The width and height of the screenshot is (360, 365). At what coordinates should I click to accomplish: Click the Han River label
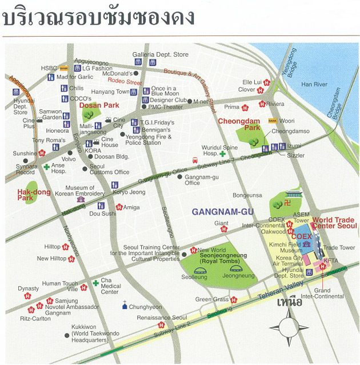314,84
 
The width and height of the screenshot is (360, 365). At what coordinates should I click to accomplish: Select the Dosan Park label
99,105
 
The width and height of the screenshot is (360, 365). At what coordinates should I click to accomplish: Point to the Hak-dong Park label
34,195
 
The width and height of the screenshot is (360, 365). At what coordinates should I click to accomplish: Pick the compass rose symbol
288,327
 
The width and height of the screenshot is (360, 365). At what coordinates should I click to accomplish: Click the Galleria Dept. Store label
160,54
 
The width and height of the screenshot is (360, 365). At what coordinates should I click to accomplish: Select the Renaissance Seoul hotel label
162,318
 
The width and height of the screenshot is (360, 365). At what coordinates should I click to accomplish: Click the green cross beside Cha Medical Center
95,283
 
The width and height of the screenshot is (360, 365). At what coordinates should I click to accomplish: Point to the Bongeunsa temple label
247,195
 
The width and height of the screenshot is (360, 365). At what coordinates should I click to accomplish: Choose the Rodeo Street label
125,82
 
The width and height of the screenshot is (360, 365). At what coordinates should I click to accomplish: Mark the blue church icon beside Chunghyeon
125,307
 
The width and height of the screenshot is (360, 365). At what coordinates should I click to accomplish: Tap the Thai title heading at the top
98,18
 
